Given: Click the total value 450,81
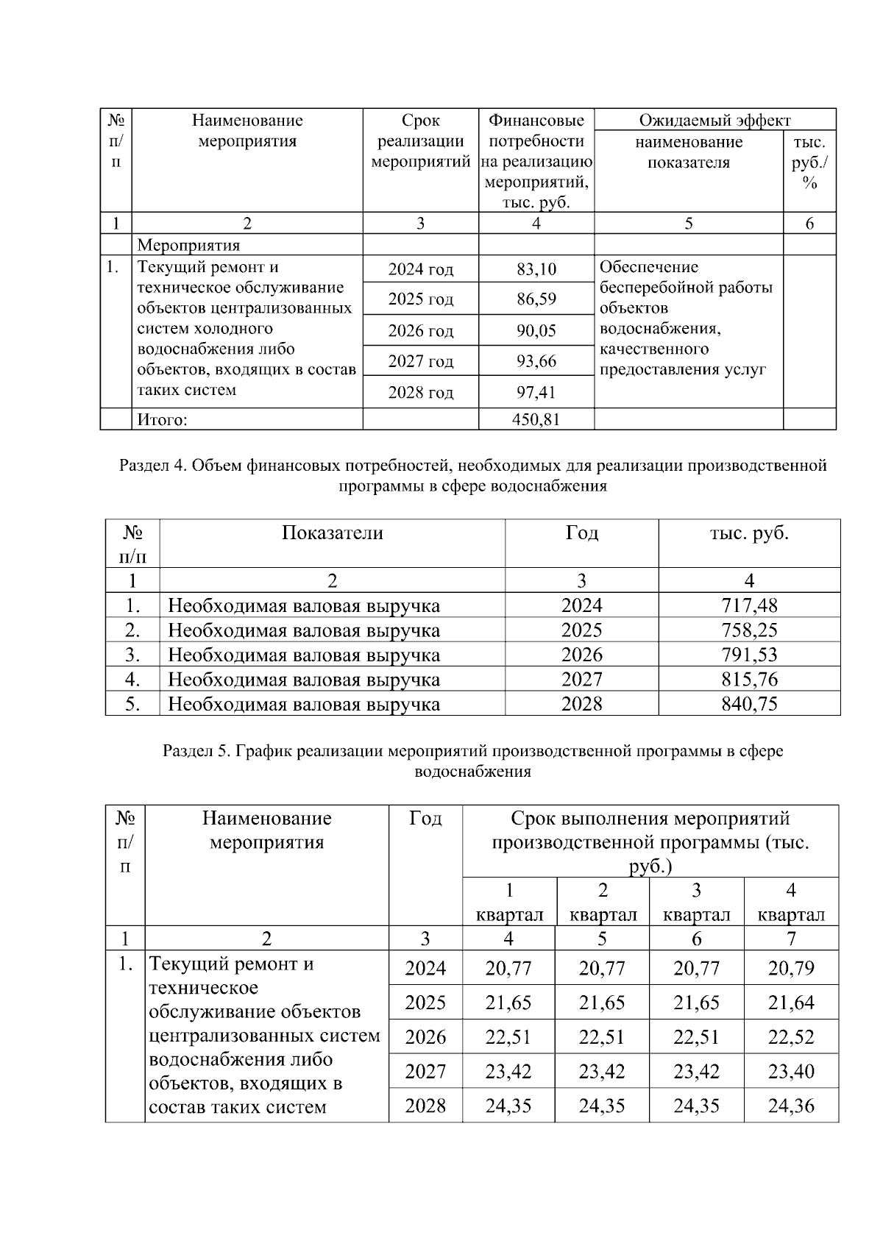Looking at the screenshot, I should [x=536, y=419].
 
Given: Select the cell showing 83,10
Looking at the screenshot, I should [x=536, y=269].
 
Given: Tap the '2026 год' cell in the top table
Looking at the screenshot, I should [x=420, y=331].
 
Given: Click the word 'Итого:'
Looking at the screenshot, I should [x=163, y=419].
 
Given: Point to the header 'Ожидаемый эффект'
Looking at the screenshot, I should [x=714, y=121].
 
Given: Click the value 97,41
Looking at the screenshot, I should [x=536, y=392].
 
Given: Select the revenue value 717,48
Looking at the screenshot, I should [x=749, y=605].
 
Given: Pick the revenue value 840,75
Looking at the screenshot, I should [x=749, y=704].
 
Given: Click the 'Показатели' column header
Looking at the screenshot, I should [x=332, y=533].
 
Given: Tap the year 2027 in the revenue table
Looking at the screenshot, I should [x=581, y=679].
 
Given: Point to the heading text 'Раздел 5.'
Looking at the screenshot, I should [x=196, y=751].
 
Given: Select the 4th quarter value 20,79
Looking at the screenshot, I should [x=791, y=968].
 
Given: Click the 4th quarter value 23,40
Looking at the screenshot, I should [x=791, y=1071].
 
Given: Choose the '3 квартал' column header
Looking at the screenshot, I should [x=696, y=903].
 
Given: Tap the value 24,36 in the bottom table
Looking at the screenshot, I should [x=791, y=1106].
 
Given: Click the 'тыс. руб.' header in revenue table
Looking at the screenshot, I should [x=749, y=533].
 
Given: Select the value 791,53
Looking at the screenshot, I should [x=749, y=655].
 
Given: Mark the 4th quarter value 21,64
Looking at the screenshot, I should [x=791, y=1003].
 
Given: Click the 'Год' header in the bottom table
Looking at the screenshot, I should [x=425, y=818].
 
